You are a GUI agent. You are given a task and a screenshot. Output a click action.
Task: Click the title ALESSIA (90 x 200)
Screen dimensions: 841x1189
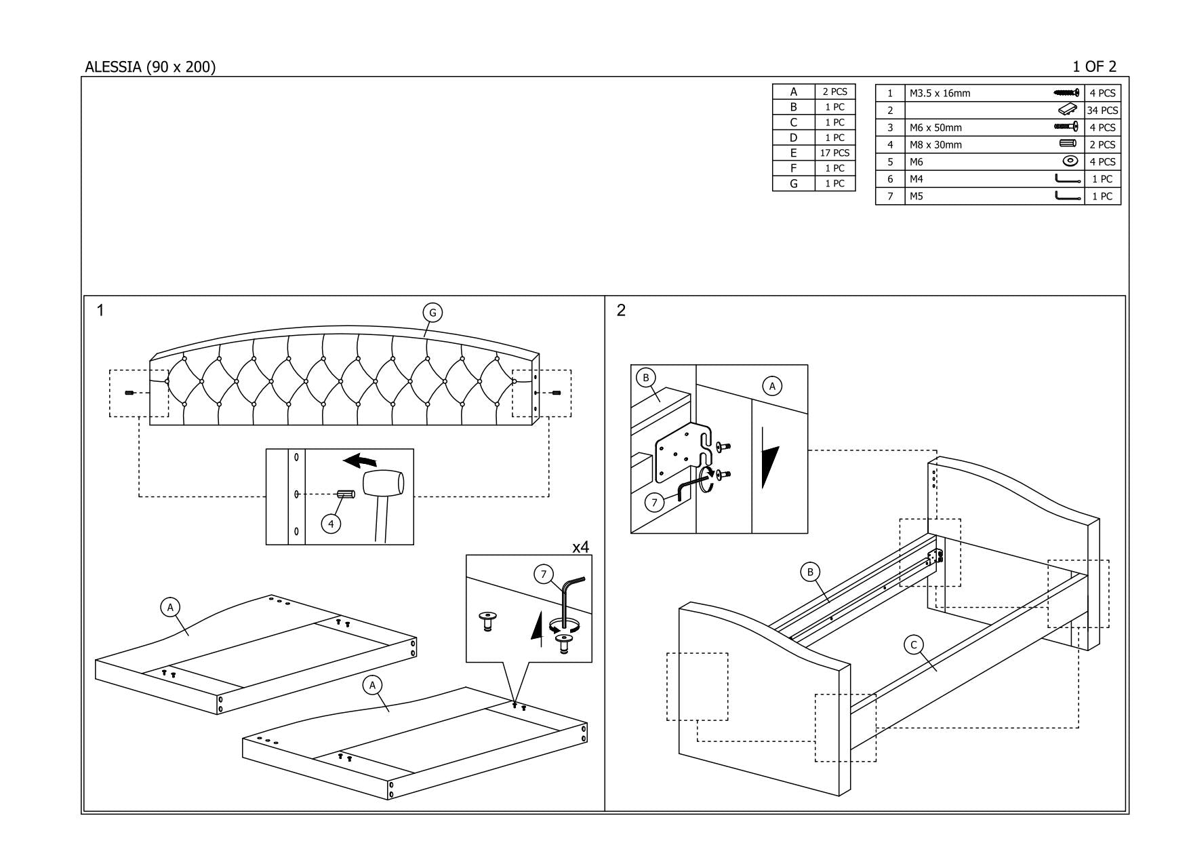(150, 67)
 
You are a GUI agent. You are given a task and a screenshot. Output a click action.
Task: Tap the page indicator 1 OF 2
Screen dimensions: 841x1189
(1093, 66)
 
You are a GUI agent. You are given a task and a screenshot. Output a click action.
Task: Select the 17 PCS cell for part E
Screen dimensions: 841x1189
(834, 153)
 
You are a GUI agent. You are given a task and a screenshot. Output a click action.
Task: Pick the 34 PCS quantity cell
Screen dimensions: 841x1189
(1102, 111)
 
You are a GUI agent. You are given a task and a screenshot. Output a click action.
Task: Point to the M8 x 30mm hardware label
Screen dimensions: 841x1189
(935, 144)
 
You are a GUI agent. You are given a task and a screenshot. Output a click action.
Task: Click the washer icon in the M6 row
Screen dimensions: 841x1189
(1070, 161)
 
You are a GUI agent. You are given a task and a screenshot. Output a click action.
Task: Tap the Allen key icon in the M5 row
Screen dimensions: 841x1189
(1068, 196)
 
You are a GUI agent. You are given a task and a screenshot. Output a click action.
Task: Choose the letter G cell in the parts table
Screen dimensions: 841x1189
(793, 183)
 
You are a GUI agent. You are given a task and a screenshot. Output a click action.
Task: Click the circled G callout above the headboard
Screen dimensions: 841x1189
(432, 313)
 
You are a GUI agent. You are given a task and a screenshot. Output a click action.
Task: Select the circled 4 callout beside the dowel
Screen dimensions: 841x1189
(331, 524)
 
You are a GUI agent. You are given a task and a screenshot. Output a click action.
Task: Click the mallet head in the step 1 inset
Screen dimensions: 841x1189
(383, 482)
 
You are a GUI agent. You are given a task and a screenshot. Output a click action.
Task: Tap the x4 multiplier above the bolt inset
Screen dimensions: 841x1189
(581, 547)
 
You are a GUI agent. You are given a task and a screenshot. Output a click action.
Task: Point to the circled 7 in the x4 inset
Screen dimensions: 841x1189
(544, 574)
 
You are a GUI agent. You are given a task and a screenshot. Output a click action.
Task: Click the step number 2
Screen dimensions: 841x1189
(622, 311)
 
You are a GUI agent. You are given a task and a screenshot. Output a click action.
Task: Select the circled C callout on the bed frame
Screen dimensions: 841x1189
(914, 645)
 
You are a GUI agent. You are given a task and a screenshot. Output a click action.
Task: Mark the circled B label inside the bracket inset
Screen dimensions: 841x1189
(646, 378)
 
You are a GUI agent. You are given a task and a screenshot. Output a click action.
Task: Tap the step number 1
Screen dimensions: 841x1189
(100, 311)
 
